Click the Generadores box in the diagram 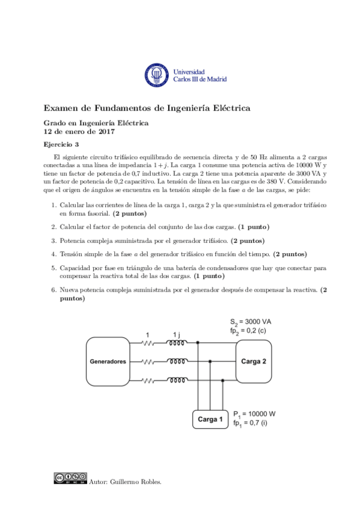point(108,362)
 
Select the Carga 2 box point(254,361)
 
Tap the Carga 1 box point(210,419)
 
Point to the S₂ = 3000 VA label point(251,322)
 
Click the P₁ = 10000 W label point(254,414)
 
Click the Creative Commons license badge point(70,479)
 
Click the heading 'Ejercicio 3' point(61,144)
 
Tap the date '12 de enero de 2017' point(80,131)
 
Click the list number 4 point(53,254)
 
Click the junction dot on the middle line point(210,362)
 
